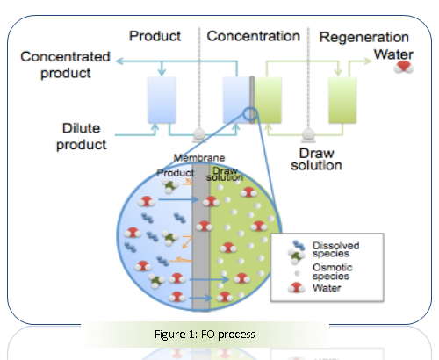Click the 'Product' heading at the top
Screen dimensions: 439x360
(155, 36)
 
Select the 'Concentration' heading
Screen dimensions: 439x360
(254, 36)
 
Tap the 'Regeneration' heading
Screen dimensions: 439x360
(364, 38)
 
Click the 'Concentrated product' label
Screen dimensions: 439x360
(65, 65)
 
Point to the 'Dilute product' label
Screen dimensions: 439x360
(81, 137)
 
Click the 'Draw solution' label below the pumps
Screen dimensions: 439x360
(316, 160)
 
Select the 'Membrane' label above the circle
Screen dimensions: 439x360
(199, 158)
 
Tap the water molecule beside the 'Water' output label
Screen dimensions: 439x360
(404, 67)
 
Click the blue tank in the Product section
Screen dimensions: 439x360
(162, 100)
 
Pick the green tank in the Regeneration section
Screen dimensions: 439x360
(342, 100)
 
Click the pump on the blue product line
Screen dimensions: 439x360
(199, 135)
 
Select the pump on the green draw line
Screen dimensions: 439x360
(308, 135)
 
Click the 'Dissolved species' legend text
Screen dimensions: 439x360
(335, 249)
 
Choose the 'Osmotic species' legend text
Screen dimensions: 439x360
(333, 271)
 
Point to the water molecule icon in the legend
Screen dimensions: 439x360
(296, 288)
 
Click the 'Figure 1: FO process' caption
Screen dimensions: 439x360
(205, 335)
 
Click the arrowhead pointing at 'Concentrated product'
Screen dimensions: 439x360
(119, 61)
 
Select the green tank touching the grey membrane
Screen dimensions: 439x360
(268, 100)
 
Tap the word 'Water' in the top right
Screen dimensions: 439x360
(393, 54)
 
